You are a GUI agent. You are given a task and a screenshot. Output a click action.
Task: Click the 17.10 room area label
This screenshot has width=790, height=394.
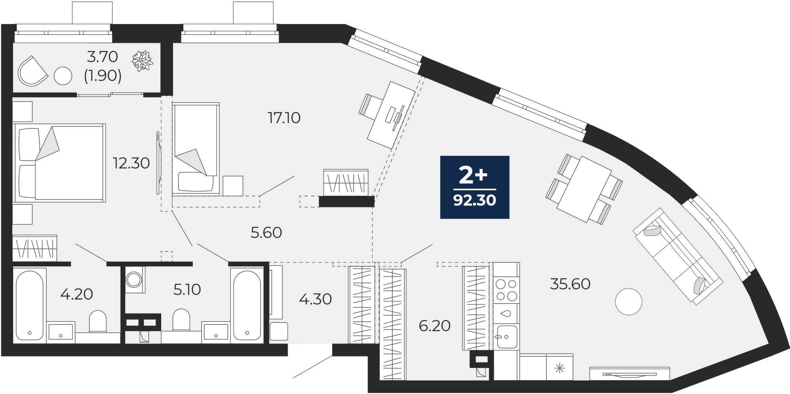coord(284,118)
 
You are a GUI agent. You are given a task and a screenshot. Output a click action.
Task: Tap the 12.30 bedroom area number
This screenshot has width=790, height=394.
coord(132,163)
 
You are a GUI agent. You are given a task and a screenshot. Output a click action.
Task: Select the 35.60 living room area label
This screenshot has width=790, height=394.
coord(570,284)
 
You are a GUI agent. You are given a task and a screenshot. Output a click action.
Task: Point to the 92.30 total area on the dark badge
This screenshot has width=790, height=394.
coord(474,201)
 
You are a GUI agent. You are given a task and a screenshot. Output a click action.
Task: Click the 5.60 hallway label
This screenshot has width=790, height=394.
coord(266,233)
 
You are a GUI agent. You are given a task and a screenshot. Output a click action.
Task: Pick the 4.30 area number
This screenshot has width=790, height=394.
coord(315,299)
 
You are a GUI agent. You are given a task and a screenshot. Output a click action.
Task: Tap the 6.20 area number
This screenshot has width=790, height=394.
coord(434,326)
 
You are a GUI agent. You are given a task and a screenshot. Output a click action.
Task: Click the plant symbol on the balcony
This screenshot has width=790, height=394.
coord(142,61)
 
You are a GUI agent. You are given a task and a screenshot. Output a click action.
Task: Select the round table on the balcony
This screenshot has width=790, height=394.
coord(63,76)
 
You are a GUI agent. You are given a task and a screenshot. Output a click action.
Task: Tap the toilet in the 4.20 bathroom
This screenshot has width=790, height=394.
coord(98,322)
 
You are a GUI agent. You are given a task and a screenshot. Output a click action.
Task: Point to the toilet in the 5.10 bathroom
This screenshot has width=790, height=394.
coord(182,320)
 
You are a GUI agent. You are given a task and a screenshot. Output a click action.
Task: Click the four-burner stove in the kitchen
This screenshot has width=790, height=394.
coord(506,290)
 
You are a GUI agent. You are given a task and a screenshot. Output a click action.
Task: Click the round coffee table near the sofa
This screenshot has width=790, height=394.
coord(628,301)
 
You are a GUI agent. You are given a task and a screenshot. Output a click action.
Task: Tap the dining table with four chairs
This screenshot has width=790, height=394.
coord(584,189)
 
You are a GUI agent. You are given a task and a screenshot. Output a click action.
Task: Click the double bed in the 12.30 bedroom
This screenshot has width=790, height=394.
coord(59,163)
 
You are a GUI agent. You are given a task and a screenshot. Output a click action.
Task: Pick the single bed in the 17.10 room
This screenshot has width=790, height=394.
coord(196,149)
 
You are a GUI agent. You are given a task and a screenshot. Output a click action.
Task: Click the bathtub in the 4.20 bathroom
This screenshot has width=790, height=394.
coord(30,304)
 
